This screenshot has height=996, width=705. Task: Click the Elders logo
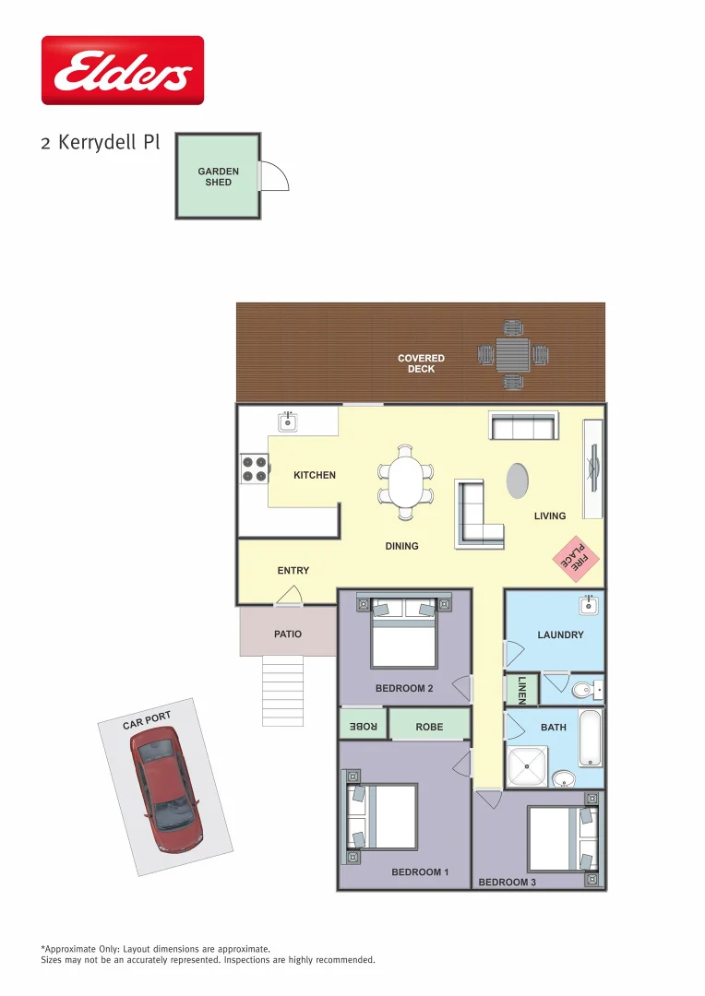click(x=123, y=70)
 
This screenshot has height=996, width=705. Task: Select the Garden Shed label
click(x=218, y=176)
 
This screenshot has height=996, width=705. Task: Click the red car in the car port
click(x=167, y=789)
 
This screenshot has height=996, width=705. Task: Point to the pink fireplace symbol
click(x=576, y=558)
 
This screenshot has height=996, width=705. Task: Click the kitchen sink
click(x=288, y=422)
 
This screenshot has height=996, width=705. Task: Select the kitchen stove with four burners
click(x=254, y=469)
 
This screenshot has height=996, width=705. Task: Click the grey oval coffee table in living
click(x=518, y=480)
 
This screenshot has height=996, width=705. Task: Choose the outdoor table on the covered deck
click(x=512, y=353)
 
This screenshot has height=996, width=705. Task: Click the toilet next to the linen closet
click(x=584, y=690)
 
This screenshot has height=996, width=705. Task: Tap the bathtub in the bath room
click(x=590, y=738)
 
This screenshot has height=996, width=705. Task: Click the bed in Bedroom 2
click(x=404, y=632)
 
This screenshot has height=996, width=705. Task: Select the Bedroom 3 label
click(x=507, y=883)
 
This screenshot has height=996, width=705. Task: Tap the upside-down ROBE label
click(x=363, y=727)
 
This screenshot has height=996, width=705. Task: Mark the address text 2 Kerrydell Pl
click(x=101, y=143)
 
